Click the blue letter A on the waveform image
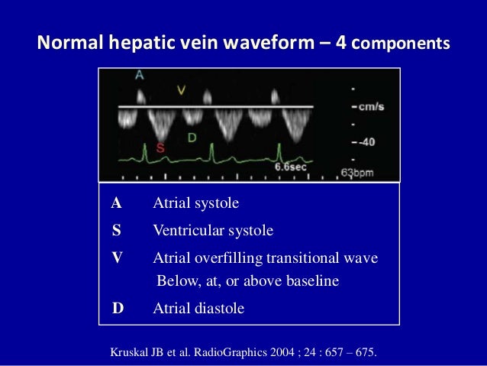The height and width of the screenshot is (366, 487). coord(139,76)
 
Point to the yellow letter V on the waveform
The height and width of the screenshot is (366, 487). coord(181,90)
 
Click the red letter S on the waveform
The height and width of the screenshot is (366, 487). coord(160,148)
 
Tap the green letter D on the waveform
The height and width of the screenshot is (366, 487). coord(191,137)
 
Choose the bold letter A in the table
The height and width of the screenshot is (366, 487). coord(116,203)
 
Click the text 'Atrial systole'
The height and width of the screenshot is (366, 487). coord(196,203)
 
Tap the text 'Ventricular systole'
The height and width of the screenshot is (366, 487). coord(213,230)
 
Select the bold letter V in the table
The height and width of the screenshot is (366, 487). coord(116,257)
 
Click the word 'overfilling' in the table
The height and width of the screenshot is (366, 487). coord(227,257)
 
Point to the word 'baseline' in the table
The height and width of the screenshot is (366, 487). coord(311,281)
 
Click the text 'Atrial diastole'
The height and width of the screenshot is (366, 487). coord(198,309)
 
